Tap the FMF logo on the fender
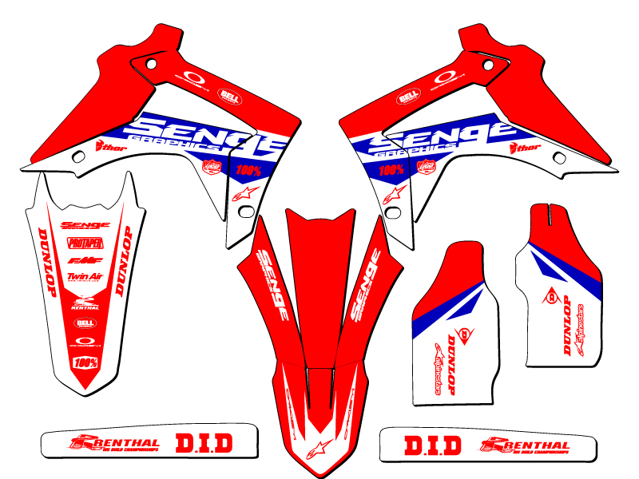[81, 260]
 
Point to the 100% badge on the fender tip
[85, 362]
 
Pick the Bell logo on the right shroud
[408, 96]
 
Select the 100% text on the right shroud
[391, 169]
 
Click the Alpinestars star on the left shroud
[240, 196]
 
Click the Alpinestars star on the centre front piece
[319, 444]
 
